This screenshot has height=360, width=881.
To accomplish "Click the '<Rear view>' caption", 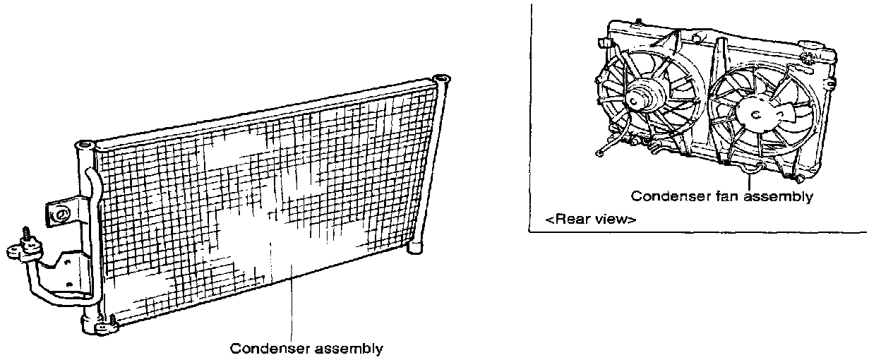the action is [590, 220].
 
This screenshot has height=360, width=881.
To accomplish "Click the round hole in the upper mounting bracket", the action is [61, 212].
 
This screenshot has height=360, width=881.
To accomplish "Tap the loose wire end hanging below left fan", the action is [599, 151].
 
